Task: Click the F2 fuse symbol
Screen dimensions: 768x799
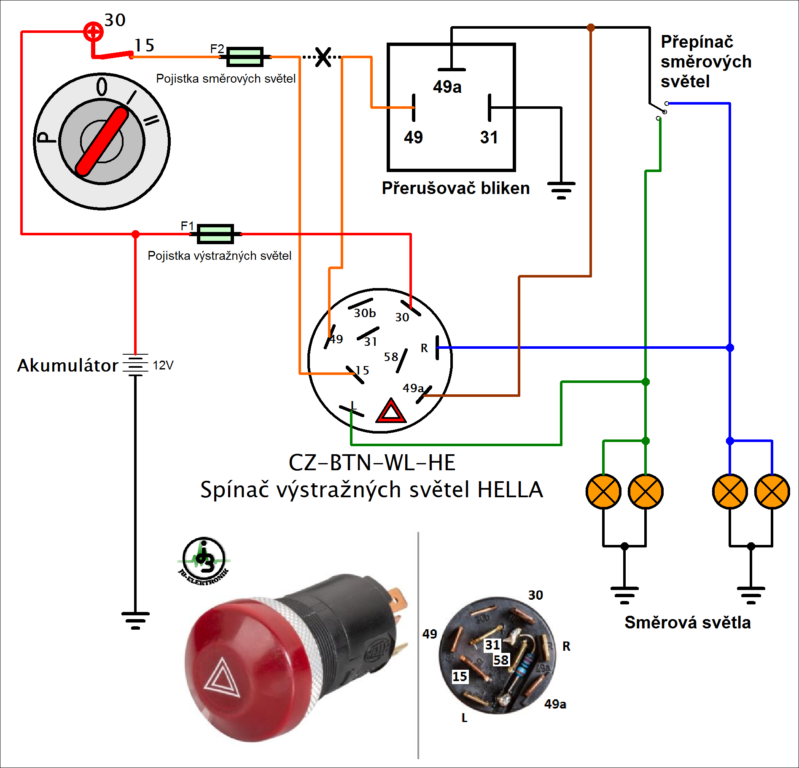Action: [x=245, y=57]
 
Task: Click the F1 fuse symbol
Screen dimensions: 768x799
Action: [x=215, y=234]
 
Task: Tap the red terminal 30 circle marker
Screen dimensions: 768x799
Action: [x=93, y=31]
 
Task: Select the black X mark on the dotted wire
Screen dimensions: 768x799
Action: [x=323, y=57]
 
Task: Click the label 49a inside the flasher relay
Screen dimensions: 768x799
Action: [x=447, y=87]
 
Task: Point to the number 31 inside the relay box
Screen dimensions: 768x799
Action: [x=489, y=137]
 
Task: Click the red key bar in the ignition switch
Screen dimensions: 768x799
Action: [x=102, y=141]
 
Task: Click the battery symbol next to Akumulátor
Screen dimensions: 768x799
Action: [x=135, y=364]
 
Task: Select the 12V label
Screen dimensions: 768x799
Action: [x=163, y=365]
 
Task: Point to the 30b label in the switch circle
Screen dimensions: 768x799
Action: [x=365, y=313]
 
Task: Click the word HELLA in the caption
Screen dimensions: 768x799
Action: [x=510, y=490]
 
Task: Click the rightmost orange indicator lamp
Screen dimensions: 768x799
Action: [x=772, y=492]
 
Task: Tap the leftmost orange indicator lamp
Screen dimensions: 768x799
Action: [x=603, y=492]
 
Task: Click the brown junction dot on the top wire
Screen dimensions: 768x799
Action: [x=591, y=27]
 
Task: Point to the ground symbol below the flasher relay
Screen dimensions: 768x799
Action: [x=561, y=190]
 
